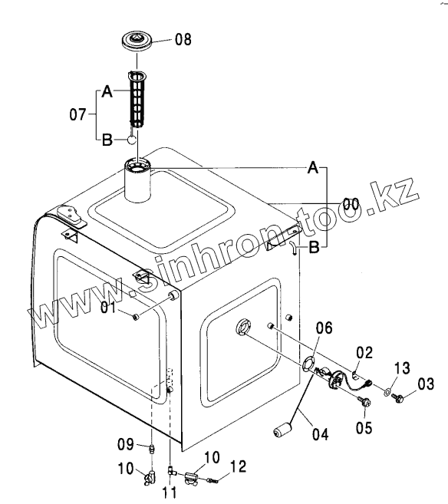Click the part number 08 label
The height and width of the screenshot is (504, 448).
click(183, 39)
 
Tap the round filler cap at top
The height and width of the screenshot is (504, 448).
click(137, 40)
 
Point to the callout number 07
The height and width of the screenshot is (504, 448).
click(77, 114)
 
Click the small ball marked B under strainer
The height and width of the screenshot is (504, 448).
click(131, 140)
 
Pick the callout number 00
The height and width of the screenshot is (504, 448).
click(351, 204)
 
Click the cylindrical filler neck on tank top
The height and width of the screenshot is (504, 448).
click(137, 181)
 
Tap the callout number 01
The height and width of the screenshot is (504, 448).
click(108, 308)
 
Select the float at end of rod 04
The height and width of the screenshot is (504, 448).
click(282, 430)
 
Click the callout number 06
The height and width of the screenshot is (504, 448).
click(324, 328)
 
